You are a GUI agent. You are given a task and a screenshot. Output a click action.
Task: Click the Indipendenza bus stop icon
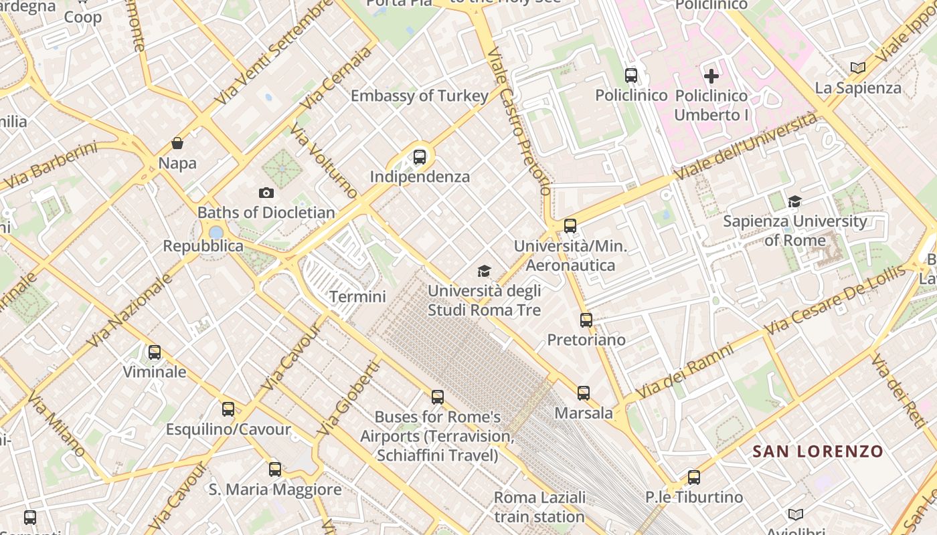pyautogui.click(x=420, y=157)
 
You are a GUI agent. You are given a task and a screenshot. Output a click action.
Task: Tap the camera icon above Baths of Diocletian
pyautogui.click(x=266, y=193)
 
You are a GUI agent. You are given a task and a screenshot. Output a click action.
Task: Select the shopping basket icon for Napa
pyautogui.click(x=177, y=143)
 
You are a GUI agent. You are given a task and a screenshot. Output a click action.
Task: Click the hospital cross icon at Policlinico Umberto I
pyautogui.click(x=711, y=76)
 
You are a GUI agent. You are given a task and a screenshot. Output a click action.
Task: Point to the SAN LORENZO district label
pyautogui.click(x=818, y=451)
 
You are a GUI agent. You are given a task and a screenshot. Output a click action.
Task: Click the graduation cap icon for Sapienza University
pyautogui.click(x=794, y=201)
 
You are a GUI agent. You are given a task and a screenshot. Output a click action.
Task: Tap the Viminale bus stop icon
pyautogui.click(x=155, y=352)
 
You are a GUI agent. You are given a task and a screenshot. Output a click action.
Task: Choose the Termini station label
pyautogui.click(x=357, y=296)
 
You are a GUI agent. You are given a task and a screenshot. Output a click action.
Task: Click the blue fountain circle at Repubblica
pyautogui.click(x=216, y=233)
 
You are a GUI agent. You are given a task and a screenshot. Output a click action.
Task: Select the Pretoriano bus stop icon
pyautogui.click(x=586, y=320)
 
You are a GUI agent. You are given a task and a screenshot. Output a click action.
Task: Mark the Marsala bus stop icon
pyautogui.click(x=584, y=393)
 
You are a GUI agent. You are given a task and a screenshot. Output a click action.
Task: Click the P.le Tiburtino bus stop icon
pyautogui.click(x=694, y=477)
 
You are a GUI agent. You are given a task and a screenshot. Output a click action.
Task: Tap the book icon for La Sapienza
pyautogui.click(x=858, y=68)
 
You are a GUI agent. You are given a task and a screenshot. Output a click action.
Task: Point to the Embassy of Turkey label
pyautogui.click(x=420, y=96)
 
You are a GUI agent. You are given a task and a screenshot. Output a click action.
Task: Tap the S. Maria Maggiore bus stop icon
pyautogui.click(x=275, y=469)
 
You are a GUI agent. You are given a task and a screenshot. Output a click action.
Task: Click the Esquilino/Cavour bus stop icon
pyautogui.click(x=228, y=409)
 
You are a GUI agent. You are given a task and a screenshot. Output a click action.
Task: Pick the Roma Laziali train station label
pyautogui.click(x=539, y=507)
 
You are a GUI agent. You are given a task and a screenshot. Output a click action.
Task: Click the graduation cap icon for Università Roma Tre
pyautogui.click(x=484, y=271)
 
